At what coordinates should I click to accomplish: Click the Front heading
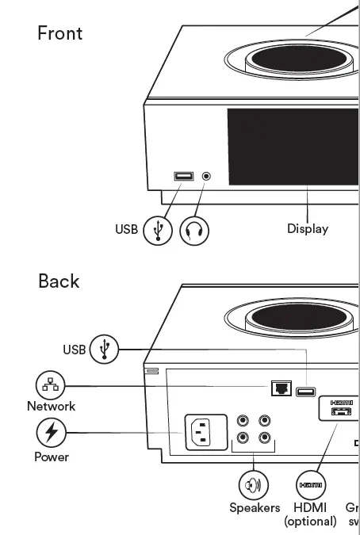pyautogui.click(x=60, y=33)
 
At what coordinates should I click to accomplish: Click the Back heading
pyautogui.click(x=59, y=281)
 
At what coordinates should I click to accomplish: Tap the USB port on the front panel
pyautogui.click(x=184, y=176)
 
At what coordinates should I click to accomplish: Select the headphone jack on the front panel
pyautogui.click(x=207, y=175)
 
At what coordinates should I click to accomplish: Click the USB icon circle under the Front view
pyautogui.click(x=158, y=230)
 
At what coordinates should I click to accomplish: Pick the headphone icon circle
pyautogui.click(x=194, y=230)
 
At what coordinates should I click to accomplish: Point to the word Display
pyautogui.click(x=308, y=229)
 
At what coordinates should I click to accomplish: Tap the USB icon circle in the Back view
pyautogui.click(x=104, y=349)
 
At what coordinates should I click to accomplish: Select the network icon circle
pyautogui.click(x=51, y=386)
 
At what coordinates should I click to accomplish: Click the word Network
pyautogui.click(x=51, y=407)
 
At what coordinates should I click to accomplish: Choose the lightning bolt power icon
pyautogui.click(x=52, y=433)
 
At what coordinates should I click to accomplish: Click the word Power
pyautogui.click(x=52, y=457)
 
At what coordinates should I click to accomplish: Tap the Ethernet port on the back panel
pyautogui.click(x=281, y=388)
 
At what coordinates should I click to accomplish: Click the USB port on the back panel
pyautogui.click(x=306, y=391)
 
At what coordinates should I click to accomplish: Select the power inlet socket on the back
pyautogui.click(x=205, y=433)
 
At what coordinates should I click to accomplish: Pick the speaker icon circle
pyautogui.click(x=254, y=484)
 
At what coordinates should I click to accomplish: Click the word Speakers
pyautogui.click(x=255, y=508)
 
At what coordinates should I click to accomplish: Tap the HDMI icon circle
pyautogui.click(x=310, y=484)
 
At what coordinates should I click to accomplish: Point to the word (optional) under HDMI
pyautogui.click(x=310, y=522)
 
